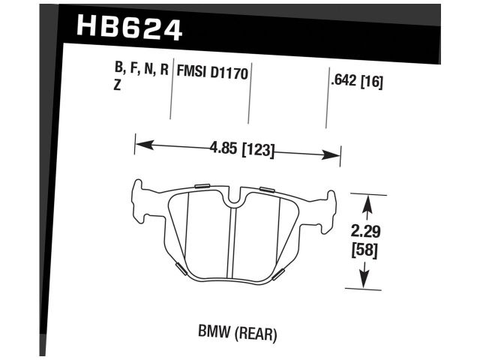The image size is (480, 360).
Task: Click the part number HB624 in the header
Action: click(129, 29)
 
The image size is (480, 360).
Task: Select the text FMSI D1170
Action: click(212, 74)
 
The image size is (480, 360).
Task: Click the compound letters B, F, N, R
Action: click(141, 73)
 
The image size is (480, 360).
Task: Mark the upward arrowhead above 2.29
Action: click(366, 200)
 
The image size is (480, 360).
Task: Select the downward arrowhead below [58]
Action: click(364, 282)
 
